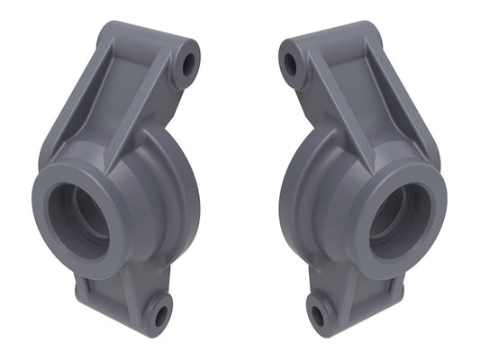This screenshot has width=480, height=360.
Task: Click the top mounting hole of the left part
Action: coord(189,64)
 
